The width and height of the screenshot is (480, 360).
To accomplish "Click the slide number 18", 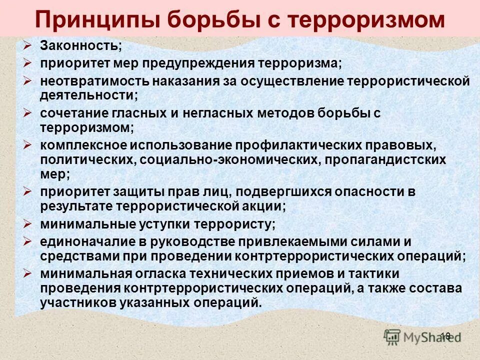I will coord(445,336).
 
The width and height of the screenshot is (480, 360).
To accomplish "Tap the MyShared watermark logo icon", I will coord(393,336).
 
